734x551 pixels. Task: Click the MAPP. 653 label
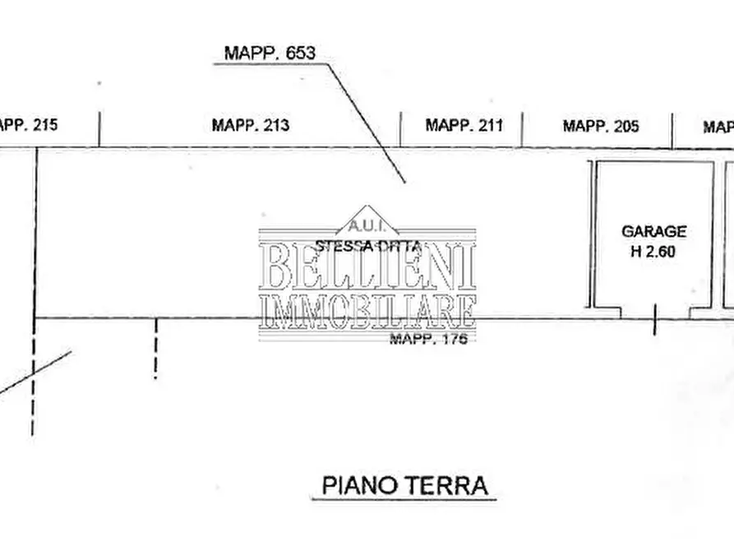270,53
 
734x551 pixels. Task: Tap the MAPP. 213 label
251,126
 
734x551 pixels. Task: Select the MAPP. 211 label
464,126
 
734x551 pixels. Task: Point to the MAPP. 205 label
601,127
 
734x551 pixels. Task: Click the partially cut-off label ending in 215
28,126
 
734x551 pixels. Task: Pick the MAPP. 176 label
427,339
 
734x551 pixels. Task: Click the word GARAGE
653,232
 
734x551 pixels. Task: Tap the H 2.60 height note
653,252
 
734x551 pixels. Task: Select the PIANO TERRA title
404,484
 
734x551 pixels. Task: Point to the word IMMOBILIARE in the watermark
367,311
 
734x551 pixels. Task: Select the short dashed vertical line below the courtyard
155,349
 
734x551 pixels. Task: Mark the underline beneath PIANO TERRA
404,498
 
